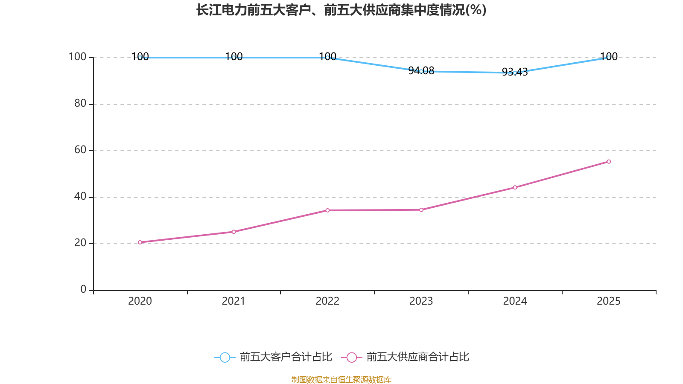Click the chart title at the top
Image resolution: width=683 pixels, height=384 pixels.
coord(341,10)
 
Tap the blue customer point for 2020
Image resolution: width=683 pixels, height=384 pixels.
coord(140,57)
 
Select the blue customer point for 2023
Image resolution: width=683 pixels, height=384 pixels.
coord(421,71)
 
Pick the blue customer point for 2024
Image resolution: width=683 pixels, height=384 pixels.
coord(515,73)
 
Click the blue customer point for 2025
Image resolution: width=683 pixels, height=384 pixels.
coord(609,57)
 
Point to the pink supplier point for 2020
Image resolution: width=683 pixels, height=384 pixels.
coord(140,242)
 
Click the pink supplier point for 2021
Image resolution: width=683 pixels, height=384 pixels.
coord(234,232)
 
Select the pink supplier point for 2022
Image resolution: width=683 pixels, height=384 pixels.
coord(327,210)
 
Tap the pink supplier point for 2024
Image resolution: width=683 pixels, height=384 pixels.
coord(515,187)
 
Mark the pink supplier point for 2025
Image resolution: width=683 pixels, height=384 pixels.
coord(609,162)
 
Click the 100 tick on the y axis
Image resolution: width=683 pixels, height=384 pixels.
coord(77,57)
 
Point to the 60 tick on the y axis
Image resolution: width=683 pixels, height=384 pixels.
coord(80,150)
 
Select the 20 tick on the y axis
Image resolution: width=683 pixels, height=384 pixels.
coord(80,243)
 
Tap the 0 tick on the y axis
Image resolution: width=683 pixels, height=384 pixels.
coord(83,289)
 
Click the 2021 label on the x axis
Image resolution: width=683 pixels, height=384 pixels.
coord(234,301)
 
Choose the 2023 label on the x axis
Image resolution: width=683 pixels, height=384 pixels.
coord(421,301)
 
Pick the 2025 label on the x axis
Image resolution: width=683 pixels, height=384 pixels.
coord(609,301)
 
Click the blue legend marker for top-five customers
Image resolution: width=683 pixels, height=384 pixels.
coord(225,357)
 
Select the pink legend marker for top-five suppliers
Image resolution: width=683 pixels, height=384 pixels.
coord(352,357)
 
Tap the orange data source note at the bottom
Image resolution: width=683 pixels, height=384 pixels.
coord(341,379)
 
